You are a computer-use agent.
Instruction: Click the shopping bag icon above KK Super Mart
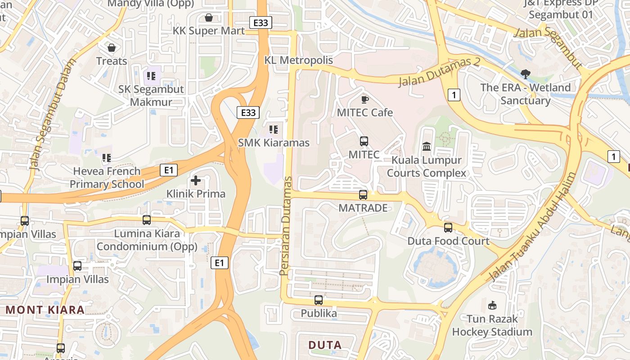208,18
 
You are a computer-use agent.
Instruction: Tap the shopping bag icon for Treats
112,47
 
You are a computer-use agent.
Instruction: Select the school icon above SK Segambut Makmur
151,76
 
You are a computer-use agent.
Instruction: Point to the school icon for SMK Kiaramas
274,130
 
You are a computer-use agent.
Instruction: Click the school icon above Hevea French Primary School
107,158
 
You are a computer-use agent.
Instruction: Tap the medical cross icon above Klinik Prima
196,180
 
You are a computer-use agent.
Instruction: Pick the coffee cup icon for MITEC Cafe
364,99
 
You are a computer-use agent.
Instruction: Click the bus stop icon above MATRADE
363,195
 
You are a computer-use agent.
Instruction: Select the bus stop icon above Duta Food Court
448,228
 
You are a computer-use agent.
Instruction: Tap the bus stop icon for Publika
319,300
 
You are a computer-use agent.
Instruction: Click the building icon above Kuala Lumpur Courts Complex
427,147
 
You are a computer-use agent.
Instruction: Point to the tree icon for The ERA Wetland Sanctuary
525,74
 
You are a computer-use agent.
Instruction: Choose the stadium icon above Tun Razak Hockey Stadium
492,306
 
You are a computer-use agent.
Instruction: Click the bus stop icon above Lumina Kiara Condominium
147,220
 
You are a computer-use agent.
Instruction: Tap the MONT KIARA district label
45,310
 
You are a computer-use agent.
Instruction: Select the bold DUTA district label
325,345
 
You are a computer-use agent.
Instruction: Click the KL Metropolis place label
299,60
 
